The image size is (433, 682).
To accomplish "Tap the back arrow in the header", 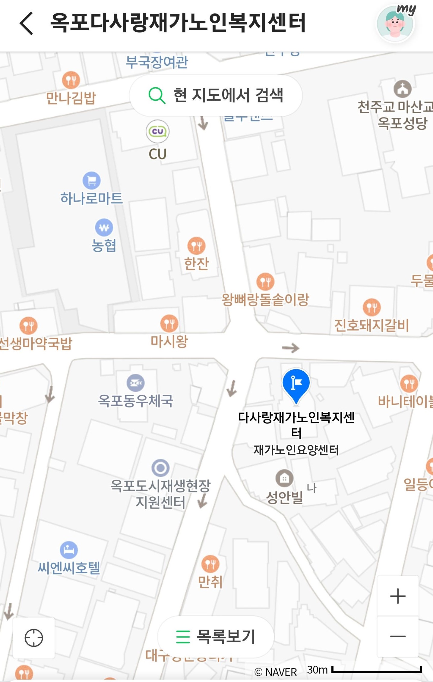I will (27, 23).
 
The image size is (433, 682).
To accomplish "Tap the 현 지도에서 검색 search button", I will (216, 95).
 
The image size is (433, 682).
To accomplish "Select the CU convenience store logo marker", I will (157, 131).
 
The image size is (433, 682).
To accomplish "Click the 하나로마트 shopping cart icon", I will (92, 181).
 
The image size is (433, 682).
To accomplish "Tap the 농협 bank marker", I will (104, 227).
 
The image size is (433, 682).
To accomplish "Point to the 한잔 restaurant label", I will (197, 263).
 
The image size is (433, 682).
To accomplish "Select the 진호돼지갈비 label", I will (371, 325).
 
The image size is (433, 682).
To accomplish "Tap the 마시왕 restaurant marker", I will (169, 324).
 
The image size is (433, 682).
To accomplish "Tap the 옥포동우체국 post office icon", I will (136, 383).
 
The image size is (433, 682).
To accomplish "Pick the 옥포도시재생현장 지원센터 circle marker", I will (160, 468).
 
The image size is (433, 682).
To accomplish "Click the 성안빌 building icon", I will (284, 478).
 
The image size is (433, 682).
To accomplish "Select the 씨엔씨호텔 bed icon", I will (69, 550).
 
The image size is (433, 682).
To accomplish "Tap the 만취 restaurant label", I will (210, 582).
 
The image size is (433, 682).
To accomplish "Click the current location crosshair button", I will (34, 638).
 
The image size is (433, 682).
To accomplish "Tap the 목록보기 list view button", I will (216, 636).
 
